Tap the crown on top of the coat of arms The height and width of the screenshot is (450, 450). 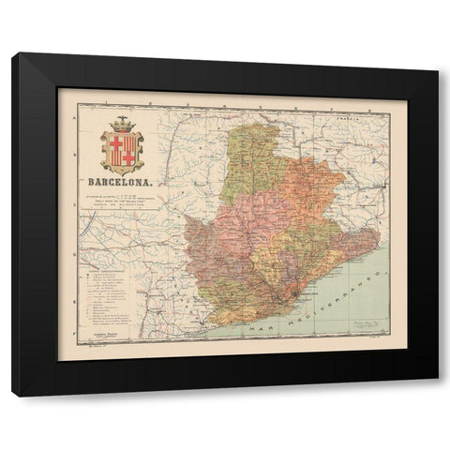tap(121, 124)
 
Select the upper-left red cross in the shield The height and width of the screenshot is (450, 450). tap(115, 143)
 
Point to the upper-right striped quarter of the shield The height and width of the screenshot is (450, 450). tap(128, 143)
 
